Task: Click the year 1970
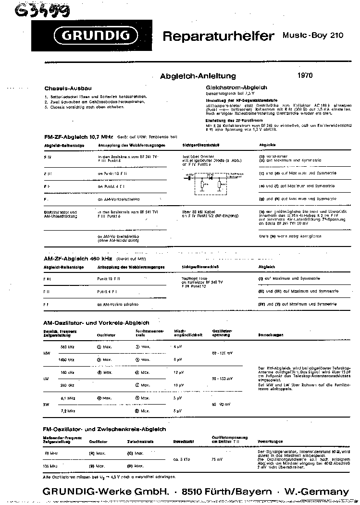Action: click(x=305, y=75)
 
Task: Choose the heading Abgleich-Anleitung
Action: click(x=198, y=76)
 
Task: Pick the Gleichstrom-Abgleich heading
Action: click(x=236, y=87)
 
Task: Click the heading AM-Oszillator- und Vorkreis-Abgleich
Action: click(x=96, y=323)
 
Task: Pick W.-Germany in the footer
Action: click(x=316, y=492)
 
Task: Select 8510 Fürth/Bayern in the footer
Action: click(x=228, y=492)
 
